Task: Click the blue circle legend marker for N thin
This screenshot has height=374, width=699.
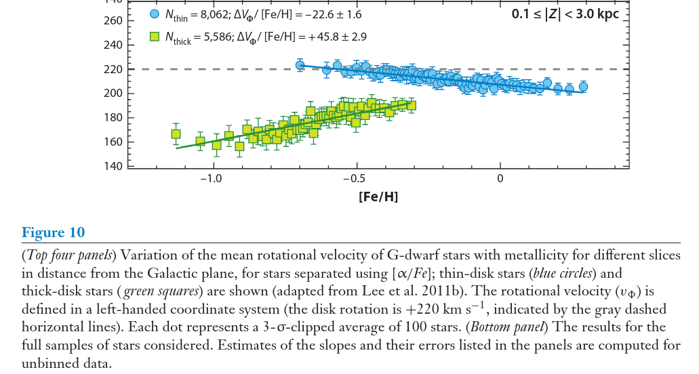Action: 154,14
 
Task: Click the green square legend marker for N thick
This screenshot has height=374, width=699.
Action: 154,37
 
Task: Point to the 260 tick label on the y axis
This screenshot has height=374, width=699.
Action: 114,21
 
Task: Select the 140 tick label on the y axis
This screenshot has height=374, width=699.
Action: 114,167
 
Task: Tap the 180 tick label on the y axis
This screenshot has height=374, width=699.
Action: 114,118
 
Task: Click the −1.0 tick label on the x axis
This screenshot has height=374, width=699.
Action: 211,179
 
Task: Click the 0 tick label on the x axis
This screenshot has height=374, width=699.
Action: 500,179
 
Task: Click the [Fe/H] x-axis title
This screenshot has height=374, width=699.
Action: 378,198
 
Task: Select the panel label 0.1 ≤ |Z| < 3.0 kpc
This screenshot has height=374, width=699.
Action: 565,13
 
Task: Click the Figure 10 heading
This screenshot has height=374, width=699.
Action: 54,233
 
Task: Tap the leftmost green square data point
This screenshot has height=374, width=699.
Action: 176,134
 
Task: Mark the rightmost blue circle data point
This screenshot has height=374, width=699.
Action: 583,87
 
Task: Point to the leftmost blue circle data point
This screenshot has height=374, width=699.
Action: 300,66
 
